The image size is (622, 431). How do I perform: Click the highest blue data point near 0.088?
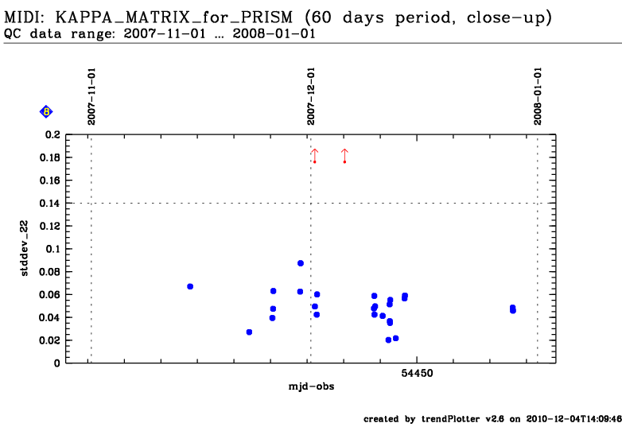pyautogui.click(x=301, y=263)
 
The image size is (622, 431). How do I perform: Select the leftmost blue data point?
pyautogui.click(x=190, y=286)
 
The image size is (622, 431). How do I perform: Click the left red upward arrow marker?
pyautogui.click(x=314, y=155)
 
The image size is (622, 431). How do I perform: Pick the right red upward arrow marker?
pyautogui.click(x=344, y=155)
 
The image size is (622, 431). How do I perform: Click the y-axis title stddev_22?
pyautogui.click(x=25, y=248)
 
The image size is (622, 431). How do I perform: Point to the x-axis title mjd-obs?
pyautogui.click(x=311, y=386)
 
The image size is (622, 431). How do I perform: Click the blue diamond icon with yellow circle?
pyautogui.click(x=46, y=112)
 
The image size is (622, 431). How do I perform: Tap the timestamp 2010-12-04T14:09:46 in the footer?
pyautogui.click(x=572, y=418)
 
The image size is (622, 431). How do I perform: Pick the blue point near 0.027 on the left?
pyautogui.click(x=249, y=332)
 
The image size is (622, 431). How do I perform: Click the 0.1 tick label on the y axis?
pyautogui.click(x=52, y=249)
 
